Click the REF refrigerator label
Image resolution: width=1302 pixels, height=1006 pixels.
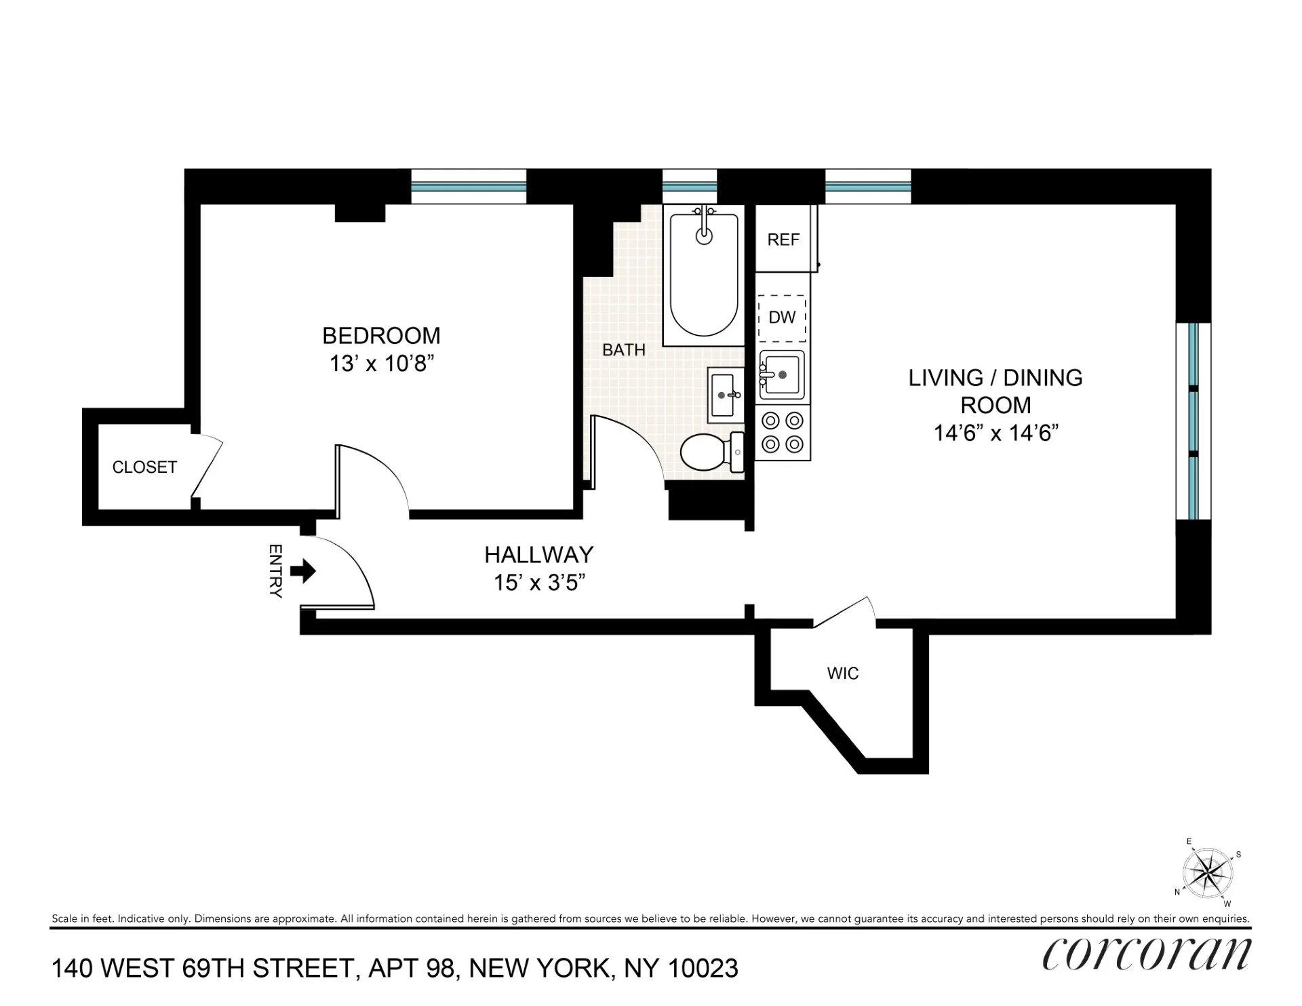783,239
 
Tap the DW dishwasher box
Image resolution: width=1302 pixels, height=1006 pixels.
782,317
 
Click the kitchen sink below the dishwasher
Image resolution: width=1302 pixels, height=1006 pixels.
781,374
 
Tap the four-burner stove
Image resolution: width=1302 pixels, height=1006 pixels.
783,433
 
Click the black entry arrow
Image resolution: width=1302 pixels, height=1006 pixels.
303,570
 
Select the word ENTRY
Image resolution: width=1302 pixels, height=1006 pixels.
275,570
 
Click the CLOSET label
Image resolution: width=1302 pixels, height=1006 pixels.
144,467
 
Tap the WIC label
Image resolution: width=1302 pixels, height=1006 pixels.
843,674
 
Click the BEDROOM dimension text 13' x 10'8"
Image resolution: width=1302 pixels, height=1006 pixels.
382,364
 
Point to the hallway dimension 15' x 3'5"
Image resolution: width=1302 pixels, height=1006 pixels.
539,583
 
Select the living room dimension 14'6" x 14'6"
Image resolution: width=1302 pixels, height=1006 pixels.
995,433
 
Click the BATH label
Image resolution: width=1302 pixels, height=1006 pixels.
624,350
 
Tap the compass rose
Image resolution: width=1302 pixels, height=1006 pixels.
1207,872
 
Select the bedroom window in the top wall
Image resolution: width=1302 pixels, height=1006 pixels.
469,187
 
